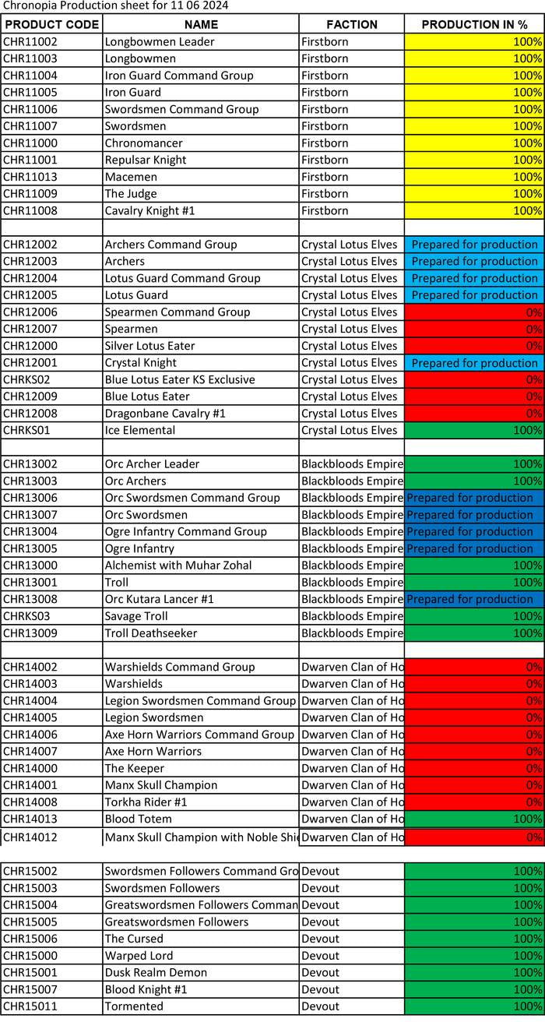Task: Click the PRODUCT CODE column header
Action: pyautogui.click(x=51, y=24)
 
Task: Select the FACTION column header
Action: pyautogui.click(x=351, y=24)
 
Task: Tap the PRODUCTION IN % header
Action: pyautogui.click(x=474, y=24)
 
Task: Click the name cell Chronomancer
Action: pyautogui.click(x=143, y=143)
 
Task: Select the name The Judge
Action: pyautogui.click(x=131, y=194)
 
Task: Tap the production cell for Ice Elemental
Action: pyautogui.click(x=474, y=431)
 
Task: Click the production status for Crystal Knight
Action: pyautogui.click(x=474, y=363)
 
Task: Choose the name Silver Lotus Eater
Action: pyautogui.click(x=149, y=346)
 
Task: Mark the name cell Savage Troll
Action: pyautogui.click(x=136, y=616)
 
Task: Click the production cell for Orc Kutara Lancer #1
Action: pyautogui.click(x=474, y=600)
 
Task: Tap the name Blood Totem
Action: pyautogui.click(x=138, y=819)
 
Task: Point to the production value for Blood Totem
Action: pyautogui.click(x=474, y=819)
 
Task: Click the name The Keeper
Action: pyautogui.click(x=135, y=768)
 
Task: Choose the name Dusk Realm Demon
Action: pyautogui.click(x=156, y=972)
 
